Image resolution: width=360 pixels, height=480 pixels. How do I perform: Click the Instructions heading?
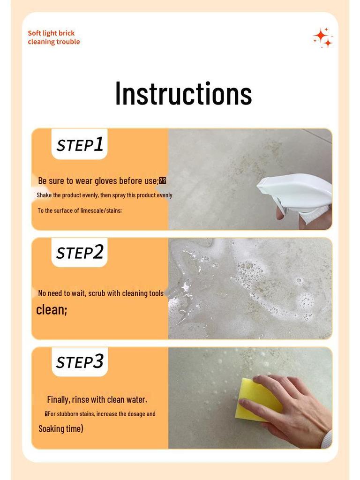(x=183, y=93)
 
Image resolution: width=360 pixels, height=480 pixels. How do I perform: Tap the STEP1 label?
(x=79, y=145)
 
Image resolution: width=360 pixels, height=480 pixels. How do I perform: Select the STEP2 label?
(x=79, y=253)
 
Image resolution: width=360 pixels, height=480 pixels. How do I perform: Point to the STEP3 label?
(x=79, y=362)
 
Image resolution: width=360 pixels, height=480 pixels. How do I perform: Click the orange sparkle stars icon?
(x=323, y=37)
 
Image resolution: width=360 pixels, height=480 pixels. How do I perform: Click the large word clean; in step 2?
(x=52, y=309)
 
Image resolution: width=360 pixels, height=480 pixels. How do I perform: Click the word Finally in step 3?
(x=59, y=399)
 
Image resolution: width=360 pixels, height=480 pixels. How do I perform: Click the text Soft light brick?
(x=51, y=33)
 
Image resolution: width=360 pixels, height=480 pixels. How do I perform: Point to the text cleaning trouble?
(x=53, y=42)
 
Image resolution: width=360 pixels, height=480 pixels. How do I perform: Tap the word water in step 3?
(x=135, y=399)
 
